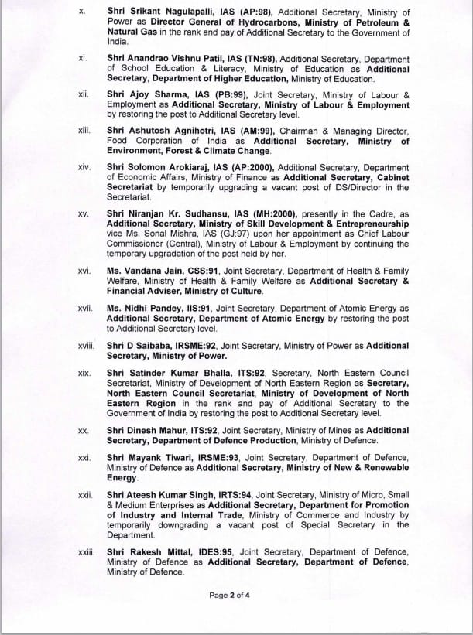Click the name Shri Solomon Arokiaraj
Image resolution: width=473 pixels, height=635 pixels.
coord(158,166)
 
